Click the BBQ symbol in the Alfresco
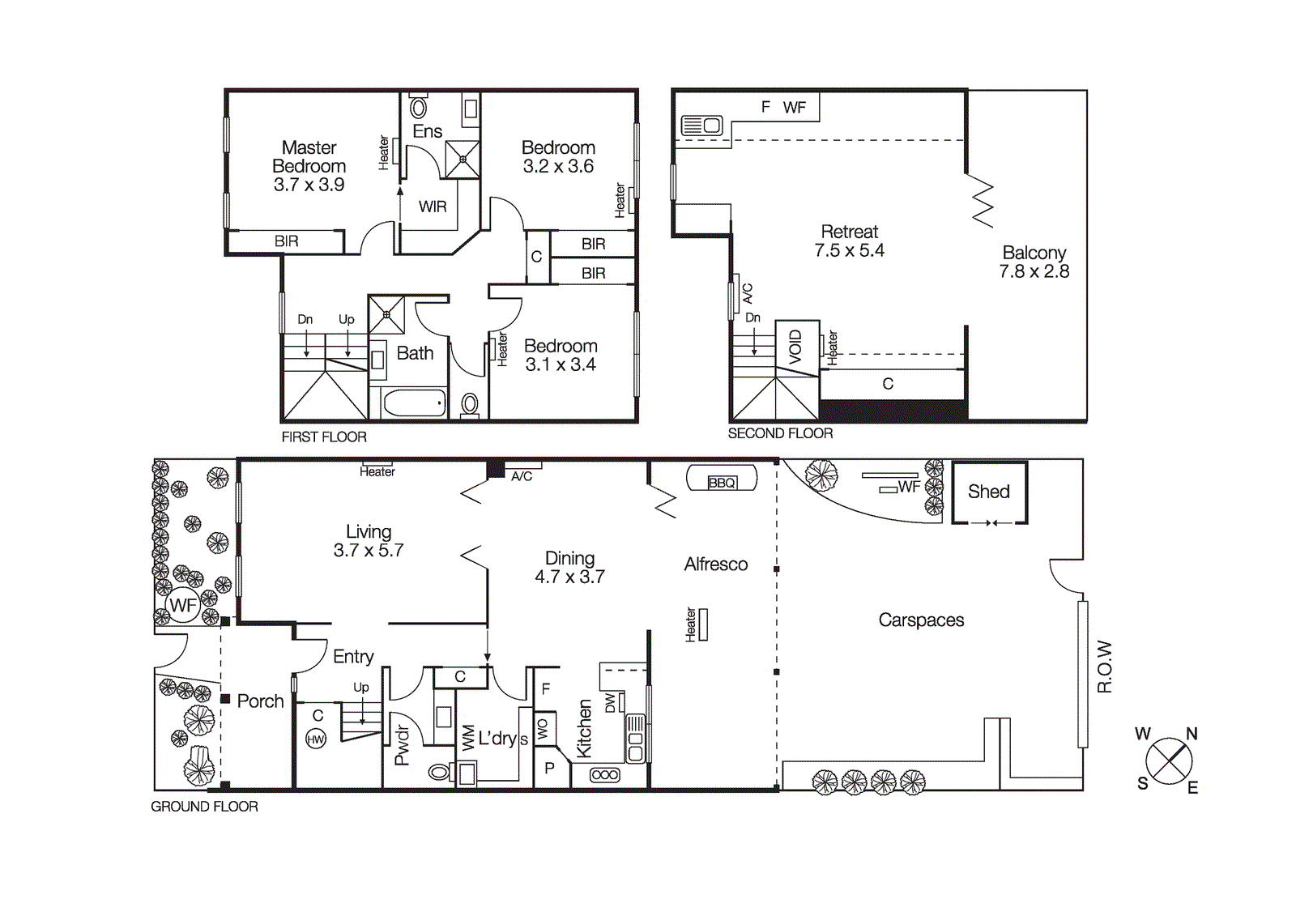pos(722,481)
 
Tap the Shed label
pos(988,492)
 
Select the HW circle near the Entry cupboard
pos(316,739)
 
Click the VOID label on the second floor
pos(795,347)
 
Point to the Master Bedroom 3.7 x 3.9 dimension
pos(309,185)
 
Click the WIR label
pos(433,207)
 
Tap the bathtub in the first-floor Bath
pos(415,403)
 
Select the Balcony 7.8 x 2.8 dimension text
pos(1034,272)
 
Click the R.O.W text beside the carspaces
pos(1104,667)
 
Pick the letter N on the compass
pos(1192,734)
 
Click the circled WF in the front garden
pos(183,605)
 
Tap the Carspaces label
pos(921,620)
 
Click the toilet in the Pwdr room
pos(440,772)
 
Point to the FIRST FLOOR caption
pos(324,437)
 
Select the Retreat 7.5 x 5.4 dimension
pos(849,251)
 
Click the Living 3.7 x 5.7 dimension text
pos(369,551)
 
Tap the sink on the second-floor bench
pos(702,126)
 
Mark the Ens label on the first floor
pos(427,131)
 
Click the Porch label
pos(260,701)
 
